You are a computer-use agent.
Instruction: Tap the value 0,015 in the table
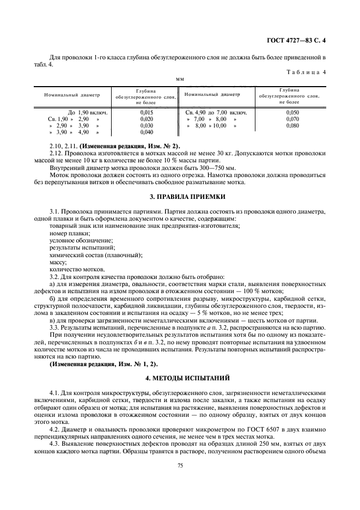point(138,112)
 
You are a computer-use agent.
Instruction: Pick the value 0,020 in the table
point(138,119)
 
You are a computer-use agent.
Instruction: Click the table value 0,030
point(138,125)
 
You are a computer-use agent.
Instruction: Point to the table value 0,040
point(138,132)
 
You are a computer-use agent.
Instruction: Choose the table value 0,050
point(292,112)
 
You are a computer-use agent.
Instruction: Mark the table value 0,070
point(292,119)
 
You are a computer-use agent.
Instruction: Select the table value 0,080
point(292,125)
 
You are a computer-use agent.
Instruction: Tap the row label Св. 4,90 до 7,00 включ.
point(216,112)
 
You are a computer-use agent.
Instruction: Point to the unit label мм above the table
point(179,79)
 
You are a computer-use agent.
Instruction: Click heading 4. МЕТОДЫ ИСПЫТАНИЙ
point(180,377)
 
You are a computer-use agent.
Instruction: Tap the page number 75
point(180,465)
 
